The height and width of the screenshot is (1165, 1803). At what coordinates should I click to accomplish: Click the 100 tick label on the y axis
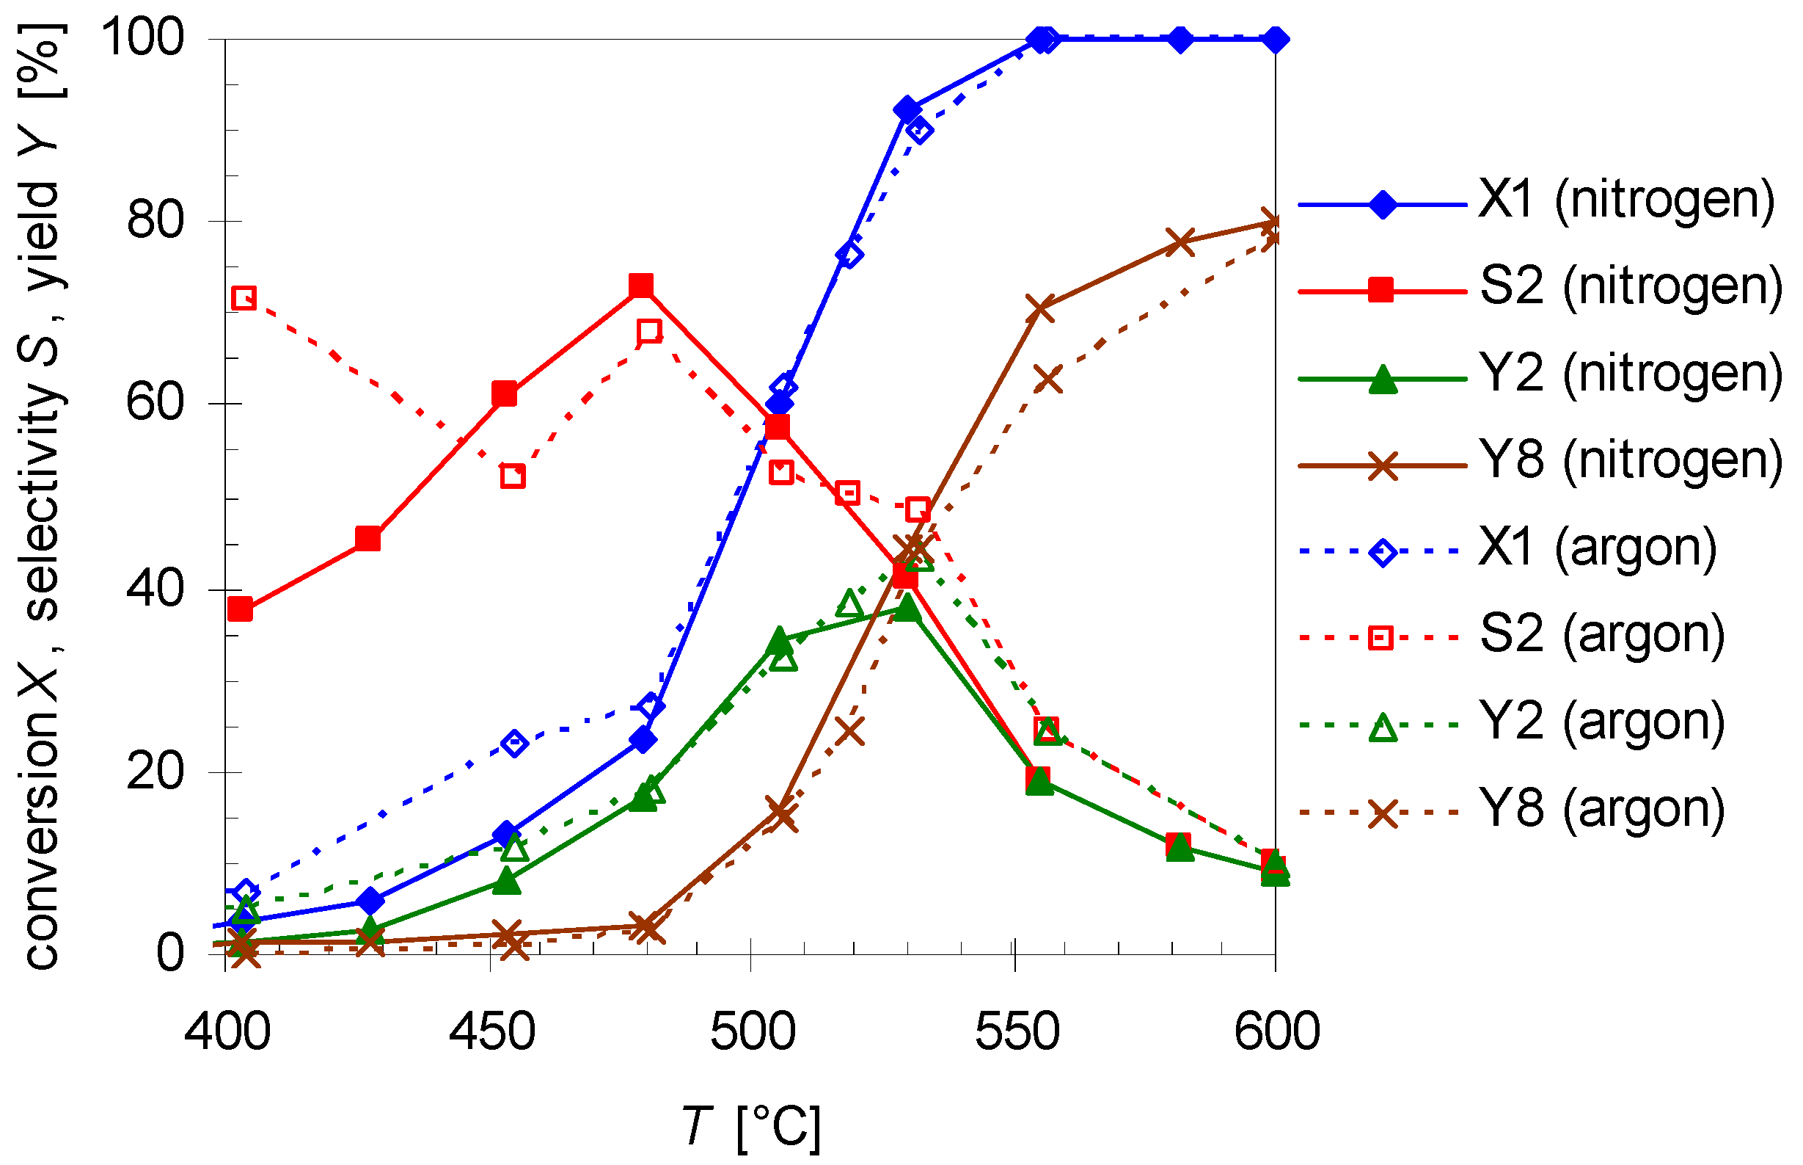click(x=143, y=38)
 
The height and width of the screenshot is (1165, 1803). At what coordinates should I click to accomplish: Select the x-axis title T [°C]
click(x=751, y=1127)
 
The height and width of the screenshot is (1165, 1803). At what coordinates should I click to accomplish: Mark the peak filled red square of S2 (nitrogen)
click(x=641, y=286)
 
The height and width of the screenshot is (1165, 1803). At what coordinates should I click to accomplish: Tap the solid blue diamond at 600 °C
click(x=1276, y=39)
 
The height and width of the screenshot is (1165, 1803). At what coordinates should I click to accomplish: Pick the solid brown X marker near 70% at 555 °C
click(x=1041, y=309)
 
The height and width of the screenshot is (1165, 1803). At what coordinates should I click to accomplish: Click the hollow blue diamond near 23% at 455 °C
click(x=515, y=744)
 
